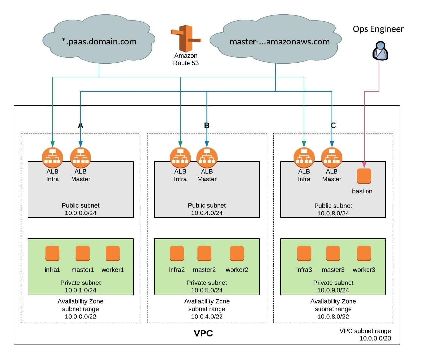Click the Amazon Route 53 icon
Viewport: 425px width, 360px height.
(186, 38)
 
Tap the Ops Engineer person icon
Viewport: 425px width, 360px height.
(380, 50)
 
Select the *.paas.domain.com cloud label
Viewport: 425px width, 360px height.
(99, 42)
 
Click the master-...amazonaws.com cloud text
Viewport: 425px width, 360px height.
(279, 42)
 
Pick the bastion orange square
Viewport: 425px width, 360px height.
(364, 176)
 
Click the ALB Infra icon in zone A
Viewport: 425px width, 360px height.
(52, 158)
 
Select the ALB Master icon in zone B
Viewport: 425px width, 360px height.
(207, 158)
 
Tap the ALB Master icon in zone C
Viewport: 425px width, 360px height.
(332, 158)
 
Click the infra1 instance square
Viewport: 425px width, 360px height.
(52, 253)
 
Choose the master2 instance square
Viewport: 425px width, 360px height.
(204, 253)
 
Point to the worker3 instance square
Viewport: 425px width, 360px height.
(364, 253)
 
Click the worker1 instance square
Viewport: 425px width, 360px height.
(113, 253)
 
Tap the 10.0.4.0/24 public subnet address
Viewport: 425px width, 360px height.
(207, 213)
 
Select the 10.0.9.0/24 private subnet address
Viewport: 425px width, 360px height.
(333, 290)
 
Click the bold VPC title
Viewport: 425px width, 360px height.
(203, 333)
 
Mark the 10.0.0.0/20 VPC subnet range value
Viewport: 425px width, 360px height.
(375, 338)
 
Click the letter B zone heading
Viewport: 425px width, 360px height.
(207, 125)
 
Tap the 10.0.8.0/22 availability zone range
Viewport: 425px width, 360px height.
(333, 317)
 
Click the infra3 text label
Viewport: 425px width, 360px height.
(304, 270)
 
